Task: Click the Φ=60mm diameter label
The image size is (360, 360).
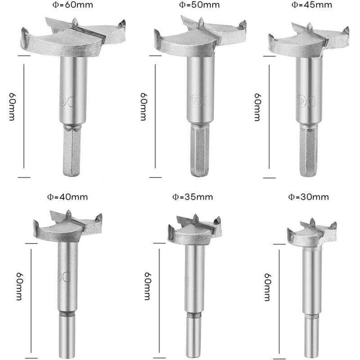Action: [73, 5]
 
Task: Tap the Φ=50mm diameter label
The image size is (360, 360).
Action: [199, 5]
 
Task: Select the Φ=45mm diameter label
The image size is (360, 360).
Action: [311, 5]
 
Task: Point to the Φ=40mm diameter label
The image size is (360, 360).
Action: [67, 197]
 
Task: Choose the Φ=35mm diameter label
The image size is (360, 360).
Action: [192, 197]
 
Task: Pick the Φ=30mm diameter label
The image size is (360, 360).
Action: [308, 197]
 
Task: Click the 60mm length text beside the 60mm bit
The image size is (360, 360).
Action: [12, 106]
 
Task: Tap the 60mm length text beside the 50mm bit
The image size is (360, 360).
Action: [143, 106]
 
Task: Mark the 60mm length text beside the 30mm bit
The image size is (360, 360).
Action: [267, 287]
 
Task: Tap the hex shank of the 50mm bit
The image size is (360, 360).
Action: [199, 150]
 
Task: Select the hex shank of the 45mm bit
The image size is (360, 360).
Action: [309, 150]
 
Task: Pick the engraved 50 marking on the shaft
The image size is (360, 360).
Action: [193, 100]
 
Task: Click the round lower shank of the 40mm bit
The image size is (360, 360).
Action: [67, 336]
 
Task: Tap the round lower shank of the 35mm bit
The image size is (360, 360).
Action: [194, 337]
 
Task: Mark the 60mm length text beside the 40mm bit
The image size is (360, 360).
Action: [19, 286]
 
